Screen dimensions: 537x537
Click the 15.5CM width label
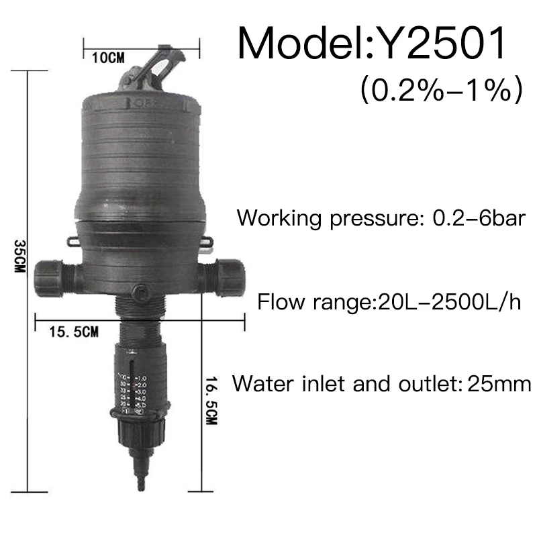tap(74, 331)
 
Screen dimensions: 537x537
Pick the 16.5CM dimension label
tap(212, 403)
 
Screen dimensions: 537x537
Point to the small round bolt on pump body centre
tap(142, 293)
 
